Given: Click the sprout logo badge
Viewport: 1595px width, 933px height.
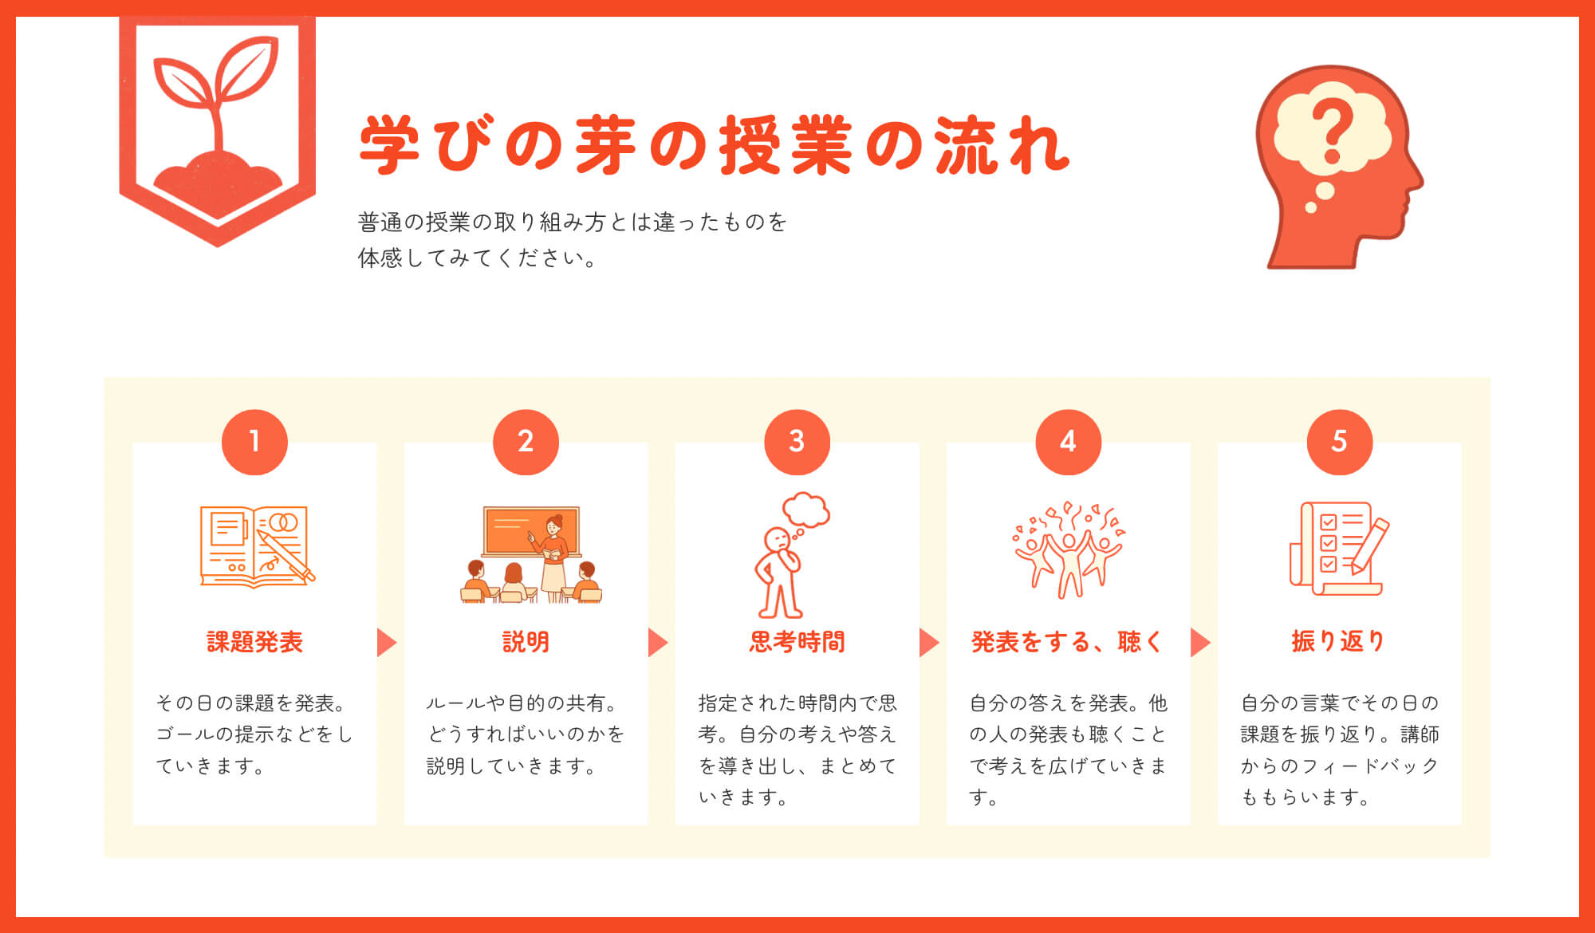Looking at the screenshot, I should tap(217, 128).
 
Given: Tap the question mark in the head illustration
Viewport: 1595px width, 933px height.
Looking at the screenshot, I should tap(1332, 132).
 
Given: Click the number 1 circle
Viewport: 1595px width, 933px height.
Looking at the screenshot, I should tap(254, 442).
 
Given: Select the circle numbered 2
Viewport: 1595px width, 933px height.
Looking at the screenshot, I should tap(526, 442).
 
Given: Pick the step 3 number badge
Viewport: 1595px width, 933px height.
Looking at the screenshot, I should tap(797, 442).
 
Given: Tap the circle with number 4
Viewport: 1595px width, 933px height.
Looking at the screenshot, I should tap(1068, 442).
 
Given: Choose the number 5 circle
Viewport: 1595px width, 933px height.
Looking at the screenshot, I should tap(1339, 442).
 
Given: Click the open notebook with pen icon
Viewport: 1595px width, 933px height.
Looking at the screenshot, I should tap(256, 547).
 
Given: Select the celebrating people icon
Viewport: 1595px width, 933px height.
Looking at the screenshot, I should tap(1069, 550).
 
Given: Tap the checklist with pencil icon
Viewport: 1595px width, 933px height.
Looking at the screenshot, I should tap(1338, 548).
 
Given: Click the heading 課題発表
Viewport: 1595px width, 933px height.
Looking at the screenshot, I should tap(254, 642).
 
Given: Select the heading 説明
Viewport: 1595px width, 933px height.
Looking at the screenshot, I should tap(526, 642).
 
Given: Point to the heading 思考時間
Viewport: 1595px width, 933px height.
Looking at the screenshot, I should tap(797, 642).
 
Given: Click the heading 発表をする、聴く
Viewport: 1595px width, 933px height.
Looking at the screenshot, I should tap(1067, 642).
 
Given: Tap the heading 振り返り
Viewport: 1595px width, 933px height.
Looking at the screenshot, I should tap(1338, 641).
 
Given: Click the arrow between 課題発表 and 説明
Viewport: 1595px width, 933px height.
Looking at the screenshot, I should tap(387, 642).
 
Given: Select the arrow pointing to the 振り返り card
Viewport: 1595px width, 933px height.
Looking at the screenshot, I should tap(1200, 642).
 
